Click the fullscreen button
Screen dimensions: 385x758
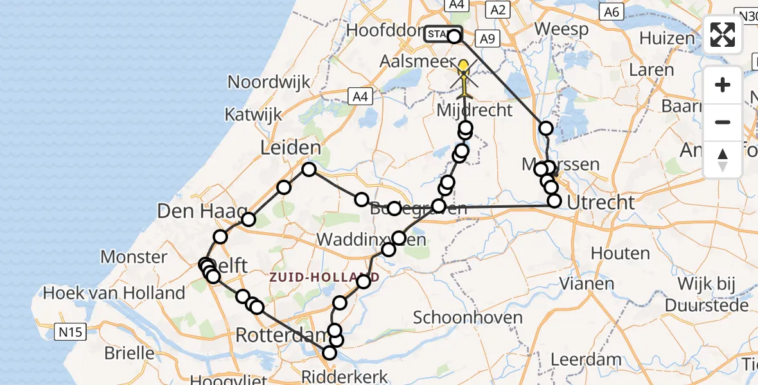(x=723, y=35)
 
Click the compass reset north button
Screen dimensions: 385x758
(x=723, y=158)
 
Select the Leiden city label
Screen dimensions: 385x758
(x=290, y=149)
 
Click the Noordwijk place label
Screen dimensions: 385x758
(x=269, y=82)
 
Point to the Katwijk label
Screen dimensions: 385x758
(x=253, y=115)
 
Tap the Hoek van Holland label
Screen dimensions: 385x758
(x=114, y=293)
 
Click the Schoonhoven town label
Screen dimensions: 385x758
(x=462, y=318)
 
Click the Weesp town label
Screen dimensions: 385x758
(x=561, y=30)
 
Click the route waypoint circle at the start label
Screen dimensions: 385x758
(x=454, y=36)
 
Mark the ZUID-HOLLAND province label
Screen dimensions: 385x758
(x=325, y=277)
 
